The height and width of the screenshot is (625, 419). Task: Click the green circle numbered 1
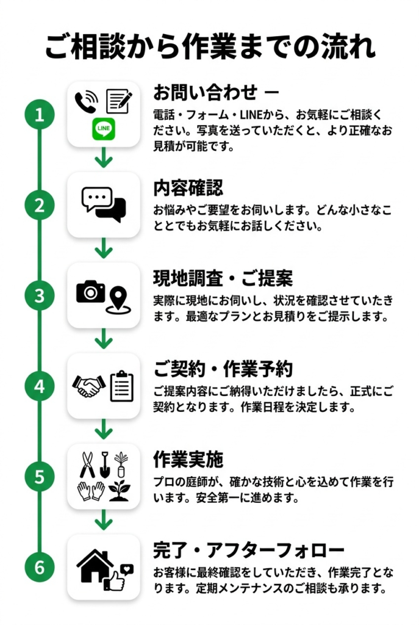(x=40, y=115)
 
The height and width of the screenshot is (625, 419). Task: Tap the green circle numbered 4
(x=40, y=386)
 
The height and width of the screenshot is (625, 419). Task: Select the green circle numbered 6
(x=40, y=567)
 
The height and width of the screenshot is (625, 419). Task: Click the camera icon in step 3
(x=90, y=292)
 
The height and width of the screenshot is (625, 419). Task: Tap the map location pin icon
(x=118, y=301)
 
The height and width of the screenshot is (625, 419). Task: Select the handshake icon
(x=88, y=386)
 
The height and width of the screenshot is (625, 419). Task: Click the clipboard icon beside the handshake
(x=121, y=386)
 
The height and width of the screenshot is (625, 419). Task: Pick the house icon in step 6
(x=95, y=565)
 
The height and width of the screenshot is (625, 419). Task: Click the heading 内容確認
(x=188, y=187)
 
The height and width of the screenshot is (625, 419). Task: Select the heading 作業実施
(x=188, y=459)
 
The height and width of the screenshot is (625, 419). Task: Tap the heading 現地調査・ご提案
(x=223, y=278)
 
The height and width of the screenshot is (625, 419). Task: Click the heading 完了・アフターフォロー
(x=248, y=550)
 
